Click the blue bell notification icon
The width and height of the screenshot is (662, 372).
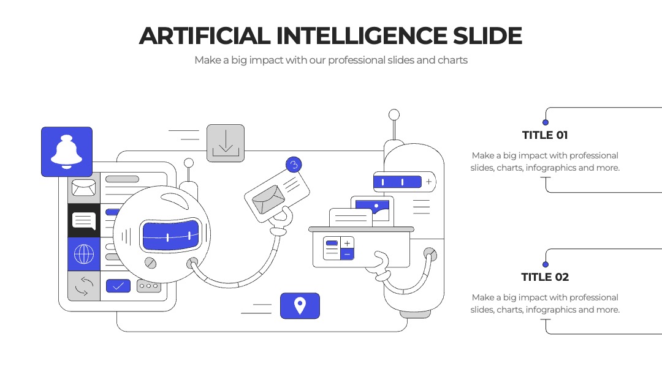pos(67,152)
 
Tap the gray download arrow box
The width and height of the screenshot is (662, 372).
pos(226,143)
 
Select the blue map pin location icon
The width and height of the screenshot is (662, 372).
pos(300,306)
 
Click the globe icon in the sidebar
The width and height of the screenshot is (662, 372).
pos(84,254)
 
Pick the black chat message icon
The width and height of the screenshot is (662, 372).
pos(84,221)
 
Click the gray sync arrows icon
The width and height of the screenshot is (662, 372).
pos(84,286)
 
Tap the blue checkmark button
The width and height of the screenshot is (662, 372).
pos(118,286)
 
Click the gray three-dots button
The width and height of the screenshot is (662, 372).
pos(148,286)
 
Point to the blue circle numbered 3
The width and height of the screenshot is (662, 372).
pos(294,165)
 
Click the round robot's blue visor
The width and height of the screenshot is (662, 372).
pos(170,236)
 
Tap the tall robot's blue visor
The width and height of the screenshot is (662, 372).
pos(397,182)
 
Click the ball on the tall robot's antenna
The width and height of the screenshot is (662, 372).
pos(394,114)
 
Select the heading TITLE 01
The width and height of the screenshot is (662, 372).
pos(545,135)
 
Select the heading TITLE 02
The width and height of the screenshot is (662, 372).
pos(545,277)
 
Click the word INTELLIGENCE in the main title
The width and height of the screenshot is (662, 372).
pos(362,36)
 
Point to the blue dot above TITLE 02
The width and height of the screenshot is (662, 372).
pos(546,264)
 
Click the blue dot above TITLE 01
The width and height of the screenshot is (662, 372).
pos(546,122)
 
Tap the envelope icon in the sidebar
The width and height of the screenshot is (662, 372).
pos(83,187)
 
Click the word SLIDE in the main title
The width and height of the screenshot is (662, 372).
pos(488,36)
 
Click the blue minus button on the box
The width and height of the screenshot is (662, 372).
pos(347,255)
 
